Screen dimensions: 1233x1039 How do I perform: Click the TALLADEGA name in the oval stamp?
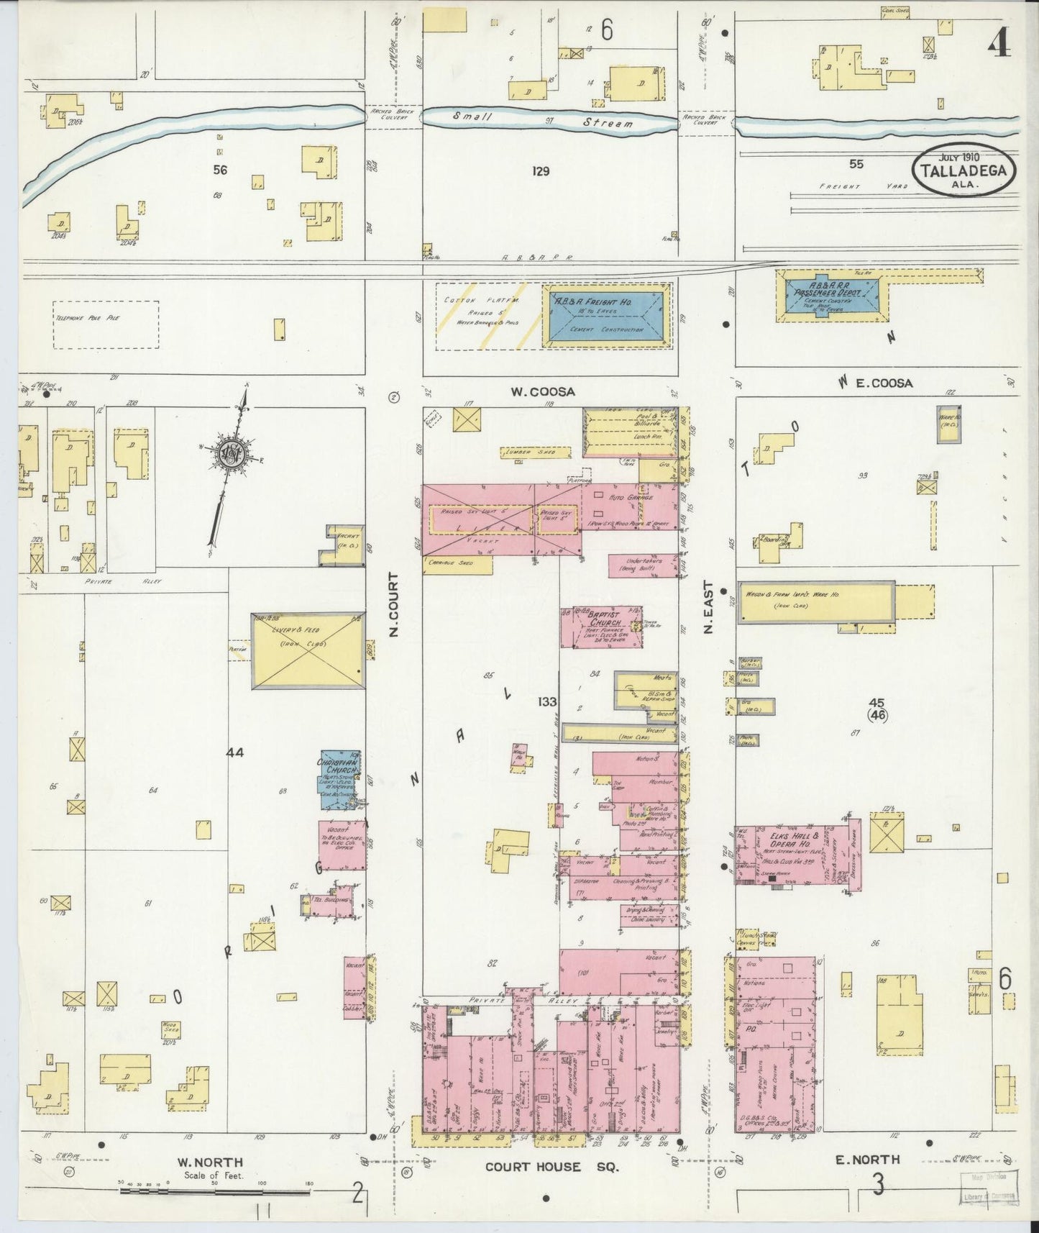tap(964, 171)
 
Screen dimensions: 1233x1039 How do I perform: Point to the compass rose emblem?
tap(234, 453)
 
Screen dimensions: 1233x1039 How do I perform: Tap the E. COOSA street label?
tap(884, 383)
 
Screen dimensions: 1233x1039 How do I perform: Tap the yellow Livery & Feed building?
tap(308, 651)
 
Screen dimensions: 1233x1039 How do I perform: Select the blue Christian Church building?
tap(340, 773)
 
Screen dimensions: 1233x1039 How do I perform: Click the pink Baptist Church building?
tap(591, 626)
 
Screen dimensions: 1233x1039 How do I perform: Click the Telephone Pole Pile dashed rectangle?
tap(106, 324)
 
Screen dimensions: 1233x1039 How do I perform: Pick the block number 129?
tap(541, 171)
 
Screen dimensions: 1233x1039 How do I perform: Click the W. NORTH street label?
tap(210, 1162)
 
